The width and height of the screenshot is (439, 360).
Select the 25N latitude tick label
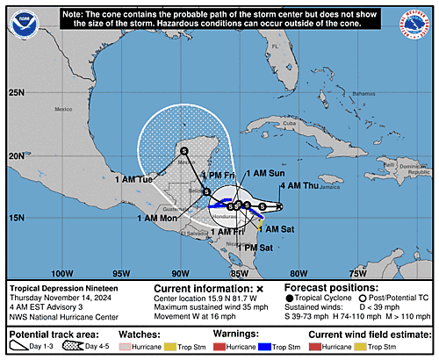pos(17,92)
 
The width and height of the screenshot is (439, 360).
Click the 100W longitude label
pos(61,272)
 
